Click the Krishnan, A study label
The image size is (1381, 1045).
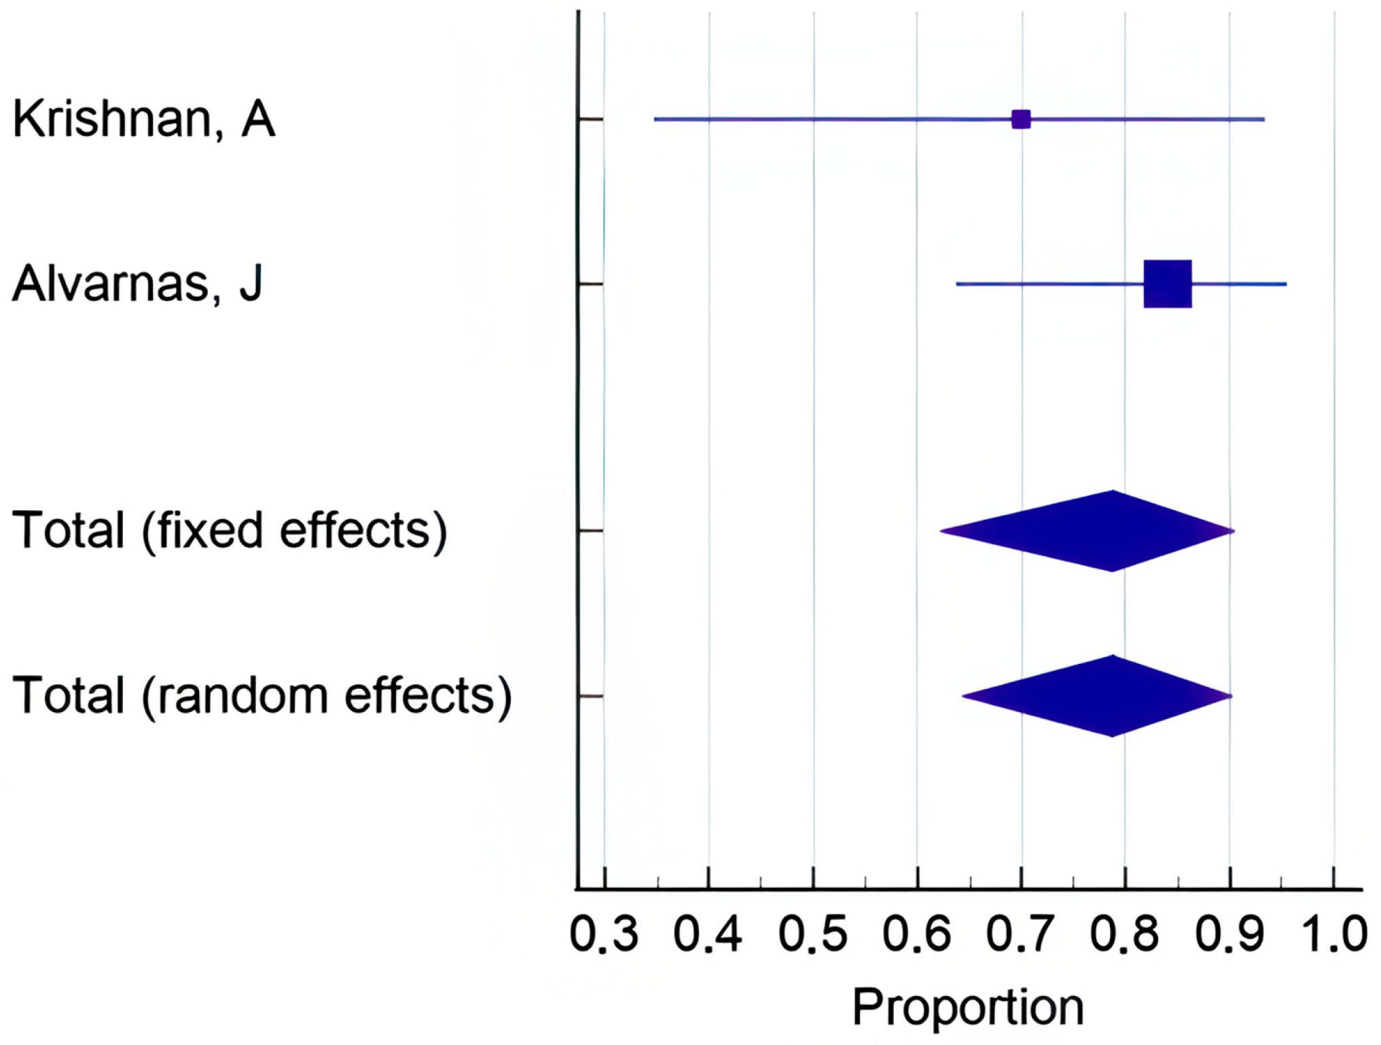click(x=144, y=120)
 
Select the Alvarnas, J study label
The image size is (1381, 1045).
click(x=137, y=283)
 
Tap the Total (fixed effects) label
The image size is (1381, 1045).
click(x=230, y=532)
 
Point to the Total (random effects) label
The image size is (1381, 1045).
click(x=262, y=697)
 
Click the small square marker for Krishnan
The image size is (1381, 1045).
click(x=1021, y=120)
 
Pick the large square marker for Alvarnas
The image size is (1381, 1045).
click(x=1168, y=284)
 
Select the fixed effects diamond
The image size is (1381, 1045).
click(x=1087, y=531)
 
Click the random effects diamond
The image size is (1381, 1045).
click(x=1097, y=696)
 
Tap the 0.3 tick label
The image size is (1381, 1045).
click(x=604, y=934)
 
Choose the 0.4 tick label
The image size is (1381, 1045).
click(x=708, y=934)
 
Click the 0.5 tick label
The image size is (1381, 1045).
click(x=813, y=934)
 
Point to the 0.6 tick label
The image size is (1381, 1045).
click(x=917, y=934)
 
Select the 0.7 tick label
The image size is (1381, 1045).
click(x=1021, y=934)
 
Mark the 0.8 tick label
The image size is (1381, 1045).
click(x=1126, y=934)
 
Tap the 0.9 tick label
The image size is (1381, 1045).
click(x=1230, y=934)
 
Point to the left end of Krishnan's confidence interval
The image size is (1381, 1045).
click(x=655, y=120)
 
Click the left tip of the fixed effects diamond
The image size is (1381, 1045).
click(x=940, y=531)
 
